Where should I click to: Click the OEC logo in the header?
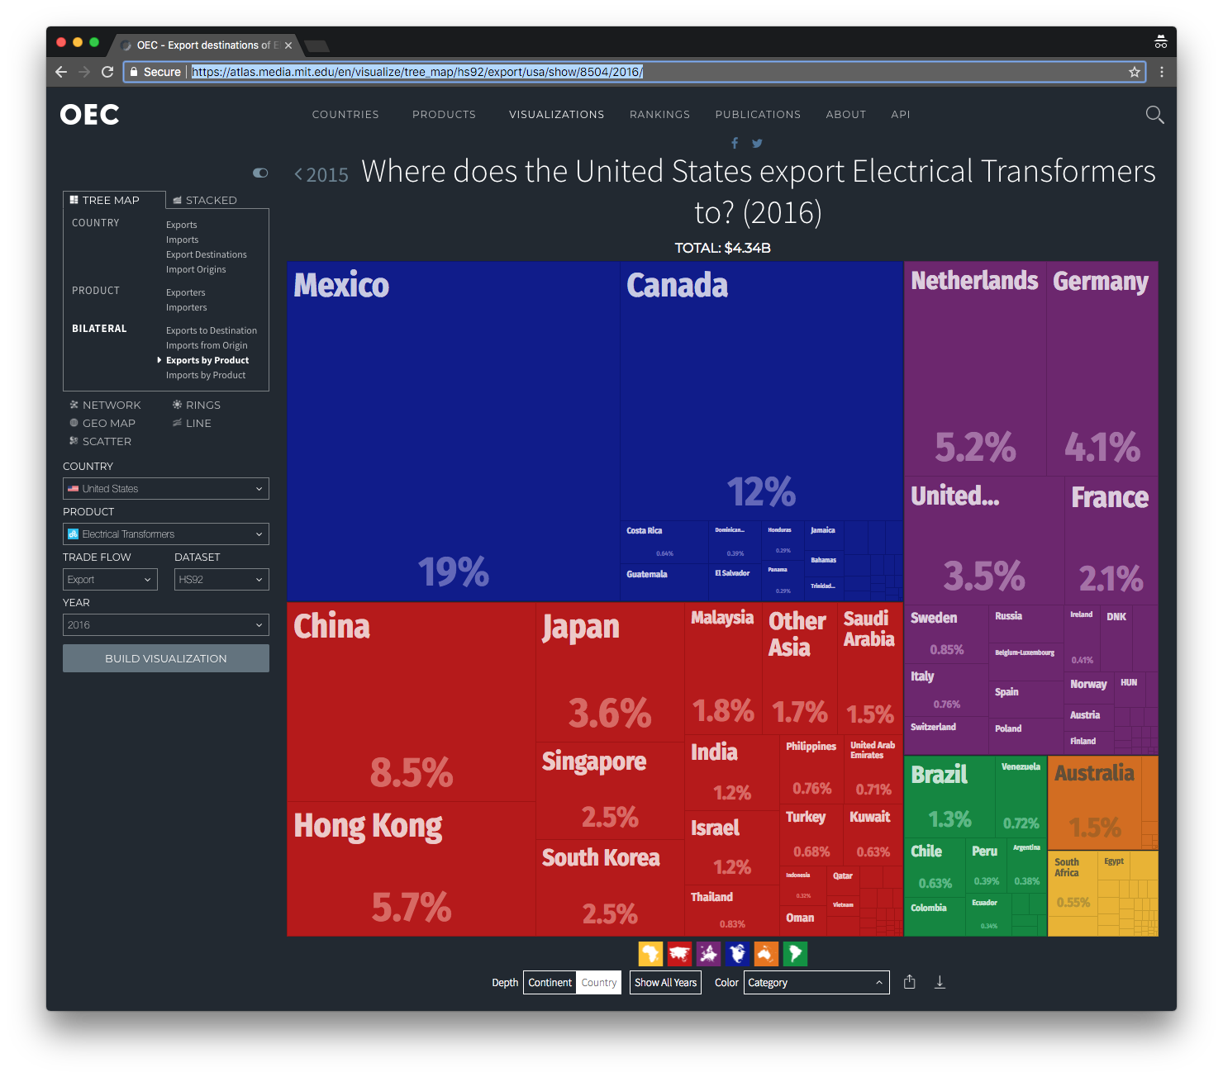coord(89,115)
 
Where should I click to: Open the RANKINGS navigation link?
coord(659,115)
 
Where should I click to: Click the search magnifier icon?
coord(1154,115)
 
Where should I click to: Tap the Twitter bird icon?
coord(757,143)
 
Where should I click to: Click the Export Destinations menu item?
coord(206,254)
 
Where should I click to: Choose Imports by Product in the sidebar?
coord(206,375)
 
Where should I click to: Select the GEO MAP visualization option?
coord(108,423)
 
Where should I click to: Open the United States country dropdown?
coord(166,489)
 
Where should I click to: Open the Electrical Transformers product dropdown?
coord(166,534)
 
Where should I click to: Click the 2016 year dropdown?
coord(166,625)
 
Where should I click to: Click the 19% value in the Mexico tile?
coord(453,572)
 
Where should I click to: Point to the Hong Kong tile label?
coord(368,825)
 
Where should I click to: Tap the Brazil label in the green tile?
coord(939,775)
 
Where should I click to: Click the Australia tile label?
coord(1094,773)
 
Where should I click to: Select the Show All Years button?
coord(665,983)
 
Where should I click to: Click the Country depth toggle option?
coord(598,983)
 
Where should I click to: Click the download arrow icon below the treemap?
coord(940,982)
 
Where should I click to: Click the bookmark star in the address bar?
coord(1135,72)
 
